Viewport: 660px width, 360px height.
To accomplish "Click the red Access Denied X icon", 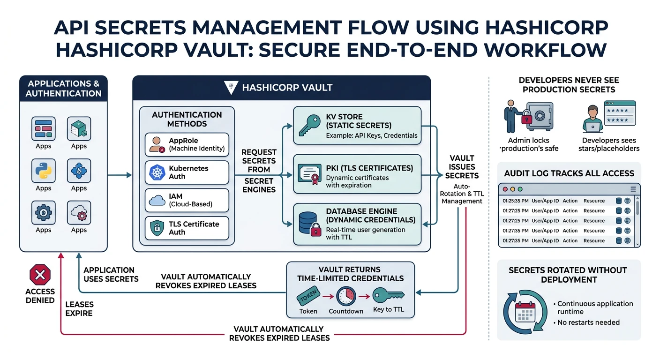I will [40, 274].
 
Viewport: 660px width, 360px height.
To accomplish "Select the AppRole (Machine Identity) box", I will [187, 144].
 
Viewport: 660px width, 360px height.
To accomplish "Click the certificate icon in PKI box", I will [309, 173].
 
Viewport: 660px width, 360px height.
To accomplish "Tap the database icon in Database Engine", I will [309, 222].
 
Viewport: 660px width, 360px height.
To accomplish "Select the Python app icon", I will [44, 170].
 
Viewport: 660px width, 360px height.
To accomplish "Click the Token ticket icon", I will [308, 296].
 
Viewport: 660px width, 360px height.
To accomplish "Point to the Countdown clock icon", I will [346, 296].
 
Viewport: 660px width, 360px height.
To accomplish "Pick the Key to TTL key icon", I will [388, 295].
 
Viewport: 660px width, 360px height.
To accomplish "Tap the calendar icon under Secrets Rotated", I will [525, 311].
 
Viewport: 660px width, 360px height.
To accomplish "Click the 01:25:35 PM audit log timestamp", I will [515, 201].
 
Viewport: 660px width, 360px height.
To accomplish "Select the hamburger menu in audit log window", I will [633, 189].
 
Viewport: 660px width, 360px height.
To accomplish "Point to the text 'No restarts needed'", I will [588, 322].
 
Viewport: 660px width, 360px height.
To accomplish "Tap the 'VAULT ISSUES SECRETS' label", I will [462, 167].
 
